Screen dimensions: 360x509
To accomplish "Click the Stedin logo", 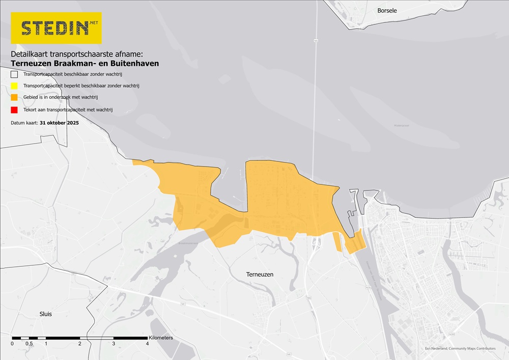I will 56,27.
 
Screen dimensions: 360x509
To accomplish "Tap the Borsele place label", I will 387,10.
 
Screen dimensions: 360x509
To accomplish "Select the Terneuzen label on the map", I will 260,274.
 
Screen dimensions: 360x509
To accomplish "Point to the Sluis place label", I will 45,314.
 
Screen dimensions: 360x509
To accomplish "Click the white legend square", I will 15,74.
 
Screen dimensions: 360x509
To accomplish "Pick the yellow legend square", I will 15,86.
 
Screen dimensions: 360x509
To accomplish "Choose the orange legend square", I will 15,98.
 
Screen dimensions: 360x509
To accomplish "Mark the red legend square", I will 15,109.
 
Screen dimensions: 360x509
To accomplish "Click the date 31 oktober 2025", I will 59,123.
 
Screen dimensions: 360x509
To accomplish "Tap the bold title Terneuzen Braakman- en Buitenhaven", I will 84,63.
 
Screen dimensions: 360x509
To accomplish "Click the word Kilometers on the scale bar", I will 161,338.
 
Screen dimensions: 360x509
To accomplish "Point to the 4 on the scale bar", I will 148,344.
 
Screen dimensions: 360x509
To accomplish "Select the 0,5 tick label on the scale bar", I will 30,344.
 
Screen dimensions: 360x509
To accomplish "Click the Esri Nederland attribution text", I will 460,349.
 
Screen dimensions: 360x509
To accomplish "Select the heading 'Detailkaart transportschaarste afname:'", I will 80,53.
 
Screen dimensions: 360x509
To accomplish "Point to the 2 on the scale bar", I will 80,344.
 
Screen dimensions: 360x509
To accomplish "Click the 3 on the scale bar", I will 114,344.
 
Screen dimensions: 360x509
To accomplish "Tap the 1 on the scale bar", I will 46,344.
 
